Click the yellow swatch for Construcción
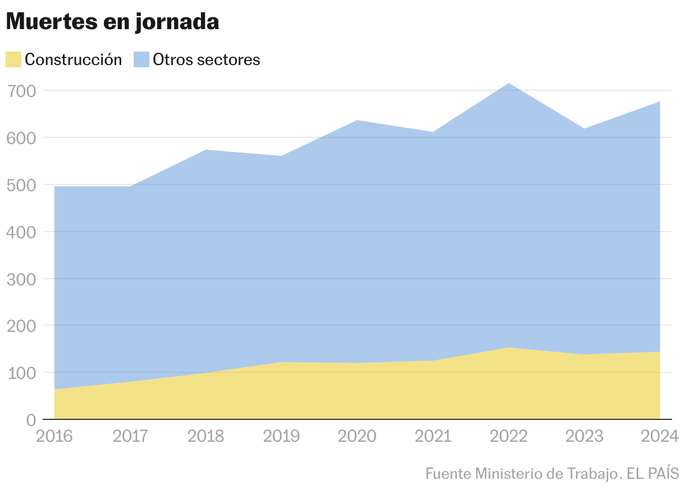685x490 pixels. click(x=13, y=59)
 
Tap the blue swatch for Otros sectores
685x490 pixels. click(x=141, y=59)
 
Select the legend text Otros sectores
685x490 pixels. click(x=207, y=59)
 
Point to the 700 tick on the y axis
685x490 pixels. click(x=22, y=91)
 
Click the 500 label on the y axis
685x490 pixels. click(x=22, y=185)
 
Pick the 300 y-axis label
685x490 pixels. click(x=22, y=279)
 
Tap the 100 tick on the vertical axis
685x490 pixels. click(x=22, y=373)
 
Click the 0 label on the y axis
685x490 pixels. click(x=31, y=420)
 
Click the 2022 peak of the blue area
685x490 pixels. click(x=509, y=84)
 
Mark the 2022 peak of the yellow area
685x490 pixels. click(x=509, y=348)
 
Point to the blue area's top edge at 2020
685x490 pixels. click(x=357, y=121)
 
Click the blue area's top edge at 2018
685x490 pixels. click(x=206, y=150)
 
